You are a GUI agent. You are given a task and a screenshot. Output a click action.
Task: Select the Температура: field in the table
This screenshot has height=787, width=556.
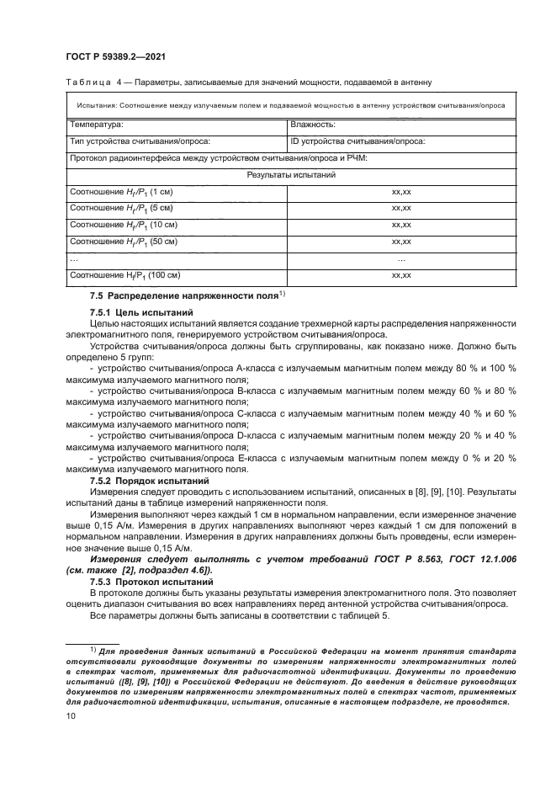[96, 125]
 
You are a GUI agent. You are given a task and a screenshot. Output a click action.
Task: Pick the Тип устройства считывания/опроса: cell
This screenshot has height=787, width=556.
[140, 141]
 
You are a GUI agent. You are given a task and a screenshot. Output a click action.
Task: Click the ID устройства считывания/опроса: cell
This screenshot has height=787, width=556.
[357, 141]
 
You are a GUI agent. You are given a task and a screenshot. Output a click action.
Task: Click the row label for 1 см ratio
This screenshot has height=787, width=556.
[120, 192]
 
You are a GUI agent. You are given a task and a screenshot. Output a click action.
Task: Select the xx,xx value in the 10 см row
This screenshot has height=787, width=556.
[400, 225]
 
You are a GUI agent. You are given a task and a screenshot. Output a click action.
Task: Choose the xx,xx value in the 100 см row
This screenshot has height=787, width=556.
[400, 275]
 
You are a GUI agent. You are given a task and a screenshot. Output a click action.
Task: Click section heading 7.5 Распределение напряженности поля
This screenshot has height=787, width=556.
[179, 295]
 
